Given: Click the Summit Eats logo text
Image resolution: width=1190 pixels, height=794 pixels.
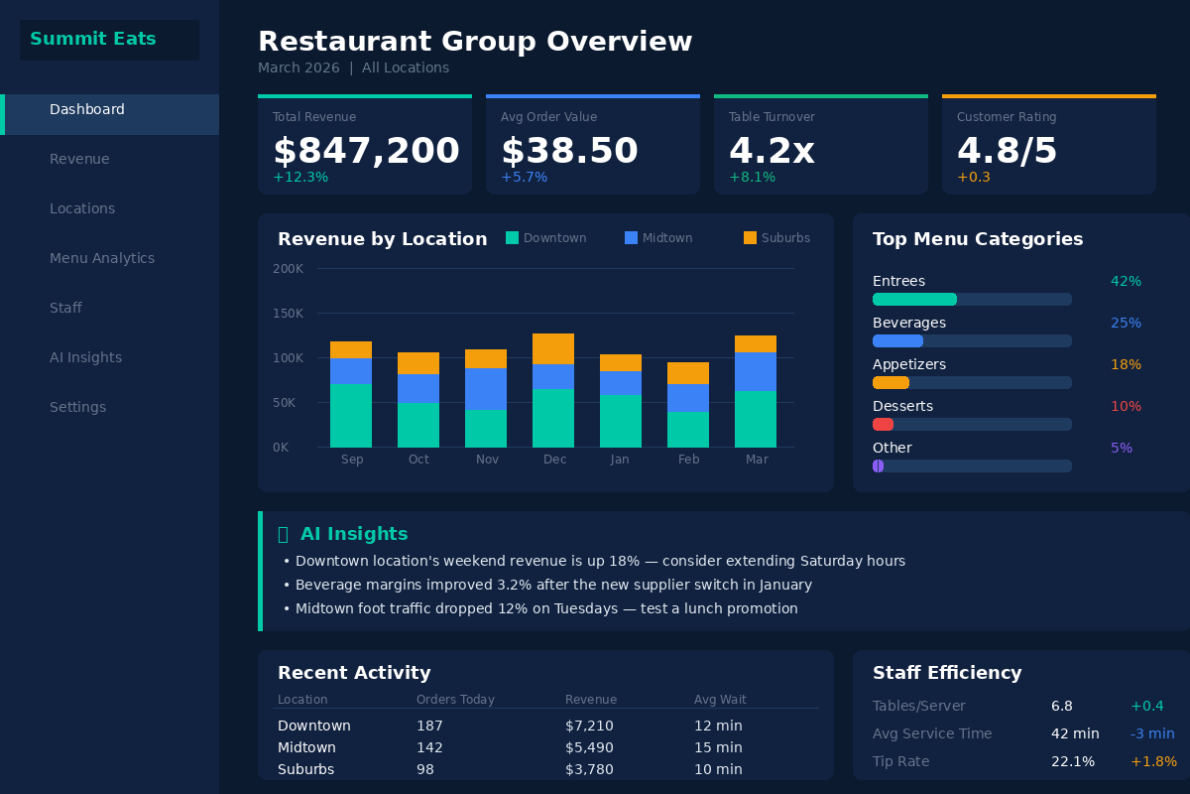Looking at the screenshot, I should coord(93,40).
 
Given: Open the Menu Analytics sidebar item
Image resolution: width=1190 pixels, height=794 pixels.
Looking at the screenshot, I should coord(102,258).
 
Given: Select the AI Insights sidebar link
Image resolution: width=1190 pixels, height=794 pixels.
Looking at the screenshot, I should coord(85,357).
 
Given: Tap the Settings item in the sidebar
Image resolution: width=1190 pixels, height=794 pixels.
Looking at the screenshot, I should coord(77,407).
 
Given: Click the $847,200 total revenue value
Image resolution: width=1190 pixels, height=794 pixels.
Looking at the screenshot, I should coord(366,151).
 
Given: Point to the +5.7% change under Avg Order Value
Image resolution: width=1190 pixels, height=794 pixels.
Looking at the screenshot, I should coord(524,178).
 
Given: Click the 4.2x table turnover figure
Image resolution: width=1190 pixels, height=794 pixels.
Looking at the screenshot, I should coord(772,151).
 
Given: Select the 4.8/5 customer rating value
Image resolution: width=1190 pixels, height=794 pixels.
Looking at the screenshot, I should coord(1007,151).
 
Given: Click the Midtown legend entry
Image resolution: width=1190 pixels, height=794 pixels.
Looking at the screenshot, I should coord(658,238).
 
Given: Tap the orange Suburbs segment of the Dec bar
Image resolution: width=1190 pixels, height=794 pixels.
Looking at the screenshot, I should coord(553,348).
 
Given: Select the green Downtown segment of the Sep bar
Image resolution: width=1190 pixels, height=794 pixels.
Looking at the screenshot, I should coord(351,415).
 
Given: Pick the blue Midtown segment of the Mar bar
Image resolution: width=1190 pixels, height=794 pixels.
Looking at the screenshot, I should coord(756,371).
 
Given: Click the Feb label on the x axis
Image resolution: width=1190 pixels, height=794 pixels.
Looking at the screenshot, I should coord(688,460).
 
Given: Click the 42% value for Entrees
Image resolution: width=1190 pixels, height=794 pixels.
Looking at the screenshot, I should coord(1126,281).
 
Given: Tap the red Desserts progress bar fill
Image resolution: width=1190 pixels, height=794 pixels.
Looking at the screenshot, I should coord(883,424).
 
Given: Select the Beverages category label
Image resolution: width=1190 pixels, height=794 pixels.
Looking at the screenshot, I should coord(908,323).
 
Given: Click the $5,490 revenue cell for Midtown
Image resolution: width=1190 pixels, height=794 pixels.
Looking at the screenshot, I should coord(589,747).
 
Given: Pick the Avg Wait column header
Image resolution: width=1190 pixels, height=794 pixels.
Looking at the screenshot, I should coord(720,700).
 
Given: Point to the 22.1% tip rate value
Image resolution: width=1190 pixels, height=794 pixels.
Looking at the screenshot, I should coord(1073,761).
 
